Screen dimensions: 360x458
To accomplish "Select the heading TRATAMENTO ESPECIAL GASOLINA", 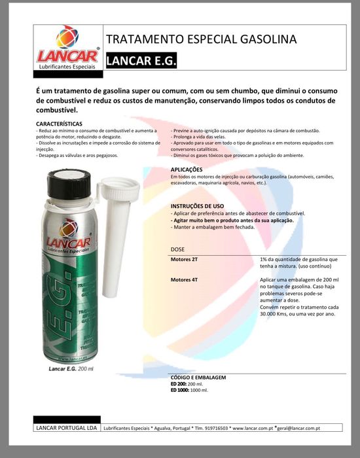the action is pyautogui.click(x=201, y=39).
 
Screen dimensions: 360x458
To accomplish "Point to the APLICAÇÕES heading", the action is pyautogui.click(x=190, y=169).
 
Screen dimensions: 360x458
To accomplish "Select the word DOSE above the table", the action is pyautogui.click(x=177, y=250).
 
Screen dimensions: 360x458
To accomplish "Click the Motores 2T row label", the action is pyautogui.click(x=184, y=260).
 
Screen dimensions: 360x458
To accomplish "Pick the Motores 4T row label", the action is pyautogui.click(x=184, y=280).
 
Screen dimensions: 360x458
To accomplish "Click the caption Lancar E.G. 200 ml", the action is pyautogui.click(x=71, y=368).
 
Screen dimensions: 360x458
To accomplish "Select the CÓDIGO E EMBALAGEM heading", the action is pyautogui.click(x=198, y=378).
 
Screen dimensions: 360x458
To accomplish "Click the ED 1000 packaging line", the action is pyautogui.click(x=189, y=390).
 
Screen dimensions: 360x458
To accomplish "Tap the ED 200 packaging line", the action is pyautogui.click(x=187, y=384).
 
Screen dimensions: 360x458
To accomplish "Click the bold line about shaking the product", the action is pyautogui.click(x=232, y=220).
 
